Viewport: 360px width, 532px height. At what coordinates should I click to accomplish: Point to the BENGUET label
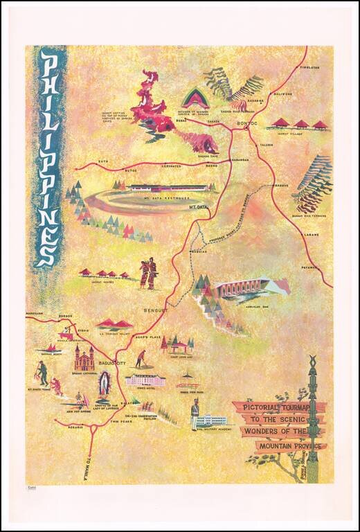pos(156,312)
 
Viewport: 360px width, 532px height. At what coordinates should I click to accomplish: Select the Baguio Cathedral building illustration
pos(84,358)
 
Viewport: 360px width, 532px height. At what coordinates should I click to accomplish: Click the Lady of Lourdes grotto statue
pos(105,384)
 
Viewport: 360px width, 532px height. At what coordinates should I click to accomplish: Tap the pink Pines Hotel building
pos(145,379)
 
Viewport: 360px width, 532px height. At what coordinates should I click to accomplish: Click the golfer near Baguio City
pos(141,359)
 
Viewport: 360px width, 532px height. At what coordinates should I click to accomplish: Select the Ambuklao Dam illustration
pos(242,289)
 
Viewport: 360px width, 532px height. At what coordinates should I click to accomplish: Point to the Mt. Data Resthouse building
pos(168,187)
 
